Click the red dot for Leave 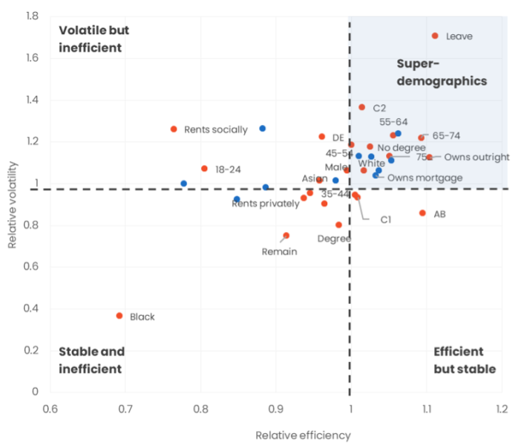[436, 36]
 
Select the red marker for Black [119, 316]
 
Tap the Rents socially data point [174, 129]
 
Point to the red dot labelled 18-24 [205, 169]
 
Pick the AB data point [423, 213]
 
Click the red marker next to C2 [362, 107]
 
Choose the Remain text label [279, 251]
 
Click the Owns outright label [476, 157]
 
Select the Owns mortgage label [425, 178]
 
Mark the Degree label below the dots [334, 239]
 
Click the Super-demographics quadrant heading [442, 72]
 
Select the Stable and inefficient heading [91, 360]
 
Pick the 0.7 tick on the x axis [125, 408]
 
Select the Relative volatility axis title [13, 204]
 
